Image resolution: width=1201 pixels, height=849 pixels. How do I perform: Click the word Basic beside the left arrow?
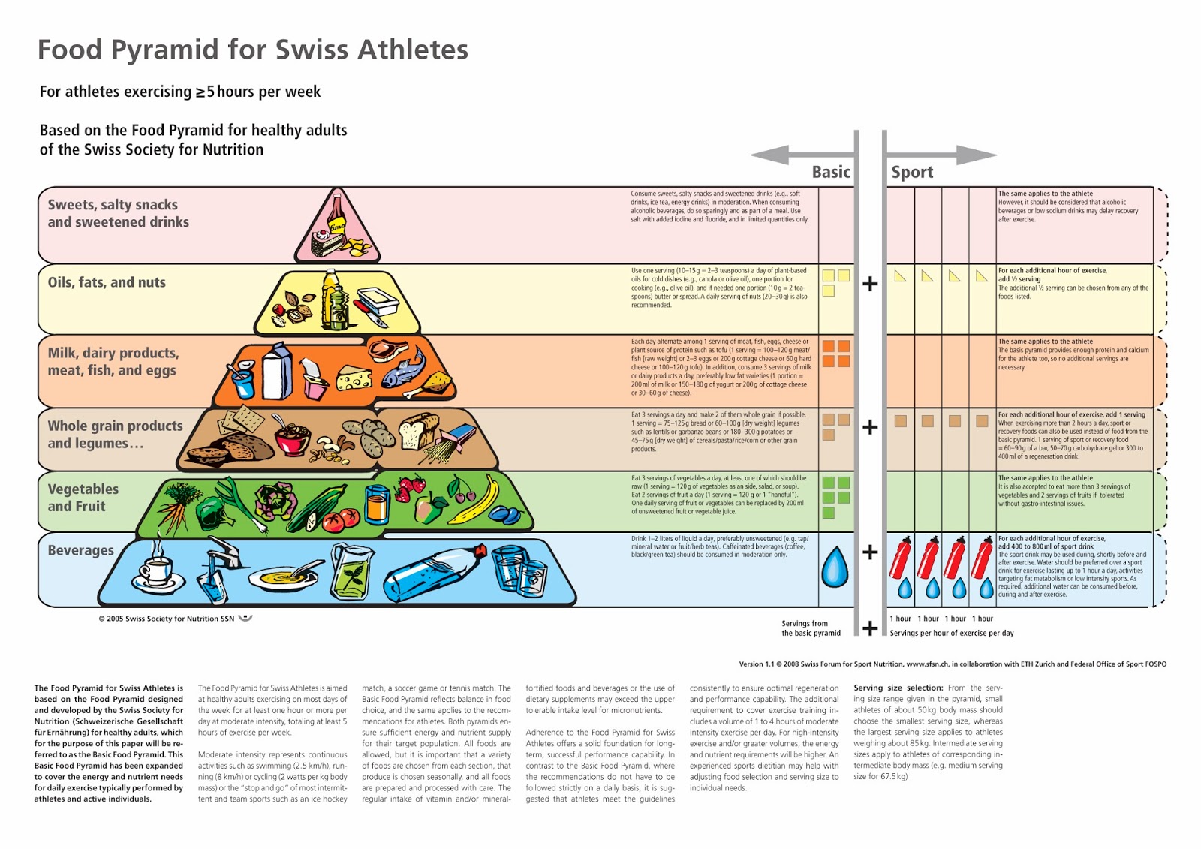pyautogui.click(x=831, y=172)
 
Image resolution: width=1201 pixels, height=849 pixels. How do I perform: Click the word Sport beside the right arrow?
pyautogui.click(x=912, y=172)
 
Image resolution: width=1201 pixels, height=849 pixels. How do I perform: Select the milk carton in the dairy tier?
pyautogui.click(x=276, y=371)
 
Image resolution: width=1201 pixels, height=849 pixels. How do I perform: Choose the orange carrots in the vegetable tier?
pyautogui.click(x=173, y=515)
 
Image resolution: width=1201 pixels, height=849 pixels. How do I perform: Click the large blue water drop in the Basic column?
pyautogui.click(x=834, y=567)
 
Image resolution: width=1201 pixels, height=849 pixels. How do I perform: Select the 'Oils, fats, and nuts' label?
pyautogui.click(x=107, y=282)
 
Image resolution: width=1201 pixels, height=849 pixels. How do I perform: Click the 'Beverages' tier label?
pyautogui.click(x=80, y=550)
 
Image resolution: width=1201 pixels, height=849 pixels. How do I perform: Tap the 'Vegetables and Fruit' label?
pyautogui.click(x=83, y=497)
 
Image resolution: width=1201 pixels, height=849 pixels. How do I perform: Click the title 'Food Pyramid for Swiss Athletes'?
pyautogui.click(x=253, y=50)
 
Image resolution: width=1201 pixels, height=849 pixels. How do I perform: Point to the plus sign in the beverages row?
pyautogui.click(x=870, y=552)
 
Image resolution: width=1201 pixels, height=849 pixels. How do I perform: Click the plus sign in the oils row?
pyautogui.click(x=870, y=284)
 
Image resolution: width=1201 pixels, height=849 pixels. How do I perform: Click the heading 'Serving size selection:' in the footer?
pyautogui.click(x=898, y=688)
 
